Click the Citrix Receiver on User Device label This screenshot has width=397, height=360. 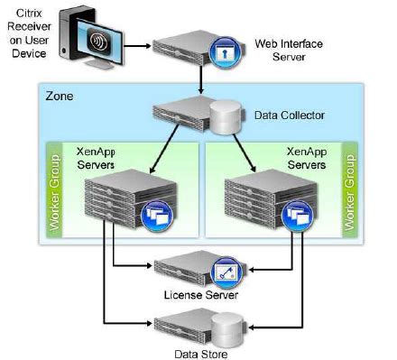point(29,33)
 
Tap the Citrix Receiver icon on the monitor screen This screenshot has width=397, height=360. point(97,41)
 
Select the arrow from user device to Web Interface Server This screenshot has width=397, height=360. point(137,46)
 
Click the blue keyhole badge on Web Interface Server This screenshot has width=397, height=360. point(225,52)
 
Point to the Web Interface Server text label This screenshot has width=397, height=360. point(289,51)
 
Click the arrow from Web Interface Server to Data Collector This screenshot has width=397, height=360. point(201,79)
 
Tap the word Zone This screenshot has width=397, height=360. point(60,97)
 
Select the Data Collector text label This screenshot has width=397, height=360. point(290,115)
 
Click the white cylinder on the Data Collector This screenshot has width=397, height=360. point(226,117)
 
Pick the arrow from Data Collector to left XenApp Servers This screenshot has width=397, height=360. point(164,149)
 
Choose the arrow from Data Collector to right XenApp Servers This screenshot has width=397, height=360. point(245,152)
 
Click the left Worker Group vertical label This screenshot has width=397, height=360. point(54,193)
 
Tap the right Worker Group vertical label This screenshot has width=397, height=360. point(349,193)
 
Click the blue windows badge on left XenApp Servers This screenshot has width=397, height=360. point(157,216)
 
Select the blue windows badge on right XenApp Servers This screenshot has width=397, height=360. point(297,216)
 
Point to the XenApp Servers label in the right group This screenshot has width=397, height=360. point(307,158)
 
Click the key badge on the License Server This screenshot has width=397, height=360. point(227,272)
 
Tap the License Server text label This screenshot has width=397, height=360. point(201,295)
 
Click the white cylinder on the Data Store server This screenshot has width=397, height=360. point(226,329)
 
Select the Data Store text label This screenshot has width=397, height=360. point(201,354)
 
